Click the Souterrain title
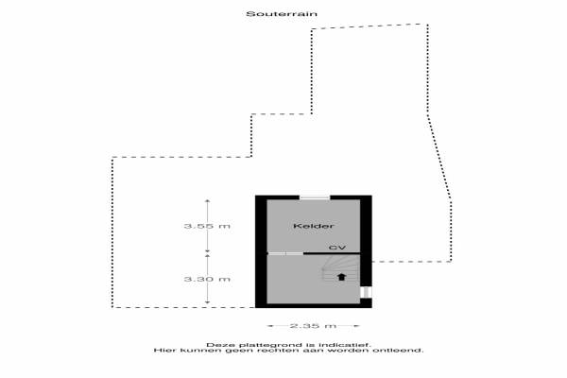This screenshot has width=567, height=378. click(282, 14)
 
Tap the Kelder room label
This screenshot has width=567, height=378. click(313, 226)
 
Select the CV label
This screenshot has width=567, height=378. click(337, 248)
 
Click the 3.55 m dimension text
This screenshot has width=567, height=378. click(207, 226)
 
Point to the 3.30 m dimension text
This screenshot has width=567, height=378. click(207, 279)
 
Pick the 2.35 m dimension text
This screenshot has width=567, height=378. click(313, 325)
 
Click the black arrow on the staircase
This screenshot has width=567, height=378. click(341, 277)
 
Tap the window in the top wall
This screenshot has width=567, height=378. click(315, 198)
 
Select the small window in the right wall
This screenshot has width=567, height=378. click(366, 292)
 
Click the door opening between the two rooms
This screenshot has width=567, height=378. click(285, 253)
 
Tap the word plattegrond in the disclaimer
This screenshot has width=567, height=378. click(269, 345)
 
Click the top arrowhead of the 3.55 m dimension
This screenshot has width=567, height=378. click(207, 200)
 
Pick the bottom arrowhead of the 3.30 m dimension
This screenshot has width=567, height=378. click(207, 301)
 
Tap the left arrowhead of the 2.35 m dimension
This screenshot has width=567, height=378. click(269, 325)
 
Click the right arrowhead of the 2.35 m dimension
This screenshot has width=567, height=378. click(357, 325)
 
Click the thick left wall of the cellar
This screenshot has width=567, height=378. click(261, 251)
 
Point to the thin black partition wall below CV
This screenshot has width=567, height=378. click(332, 253)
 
